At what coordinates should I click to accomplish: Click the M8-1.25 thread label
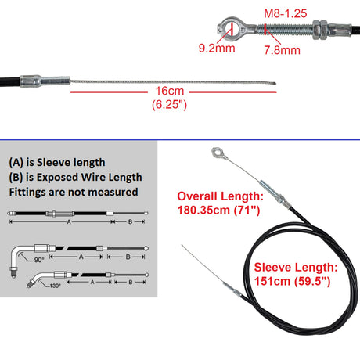click(x=286, y=13)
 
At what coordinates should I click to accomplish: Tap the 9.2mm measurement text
click(x=217, y=49)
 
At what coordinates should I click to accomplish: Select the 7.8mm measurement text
click(x=282, y=50)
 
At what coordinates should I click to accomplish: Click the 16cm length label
click(x=170, y=91)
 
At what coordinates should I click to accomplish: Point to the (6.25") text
click(x=170, y=105)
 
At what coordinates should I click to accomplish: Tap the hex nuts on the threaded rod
click(x=320, y=30)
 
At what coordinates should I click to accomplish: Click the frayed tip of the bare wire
click(x=275, y=84)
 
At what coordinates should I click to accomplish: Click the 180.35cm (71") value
click(x=218, y=211)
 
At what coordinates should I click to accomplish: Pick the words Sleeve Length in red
click(x=296, y=268)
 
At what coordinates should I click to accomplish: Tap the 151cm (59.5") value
click(x=293, y=281)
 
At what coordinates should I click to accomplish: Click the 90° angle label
click(x=39, y=260)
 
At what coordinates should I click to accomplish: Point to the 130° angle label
click(x=55, y=286)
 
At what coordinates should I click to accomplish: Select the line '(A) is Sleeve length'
click(x=57, y=163)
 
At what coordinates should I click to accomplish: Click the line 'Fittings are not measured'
click(x=74, y=193)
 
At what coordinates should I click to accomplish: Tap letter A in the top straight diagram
click(x=69, y=222)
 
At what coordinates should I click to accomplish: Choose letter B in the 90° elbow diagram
click(x=128, y=257)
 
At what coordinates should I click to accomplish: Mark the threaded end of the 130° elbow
click(x=31, y=283)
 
